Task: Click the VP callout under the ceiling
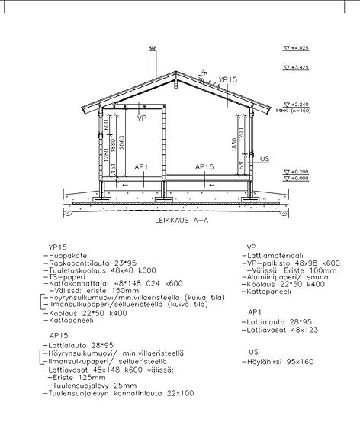142,118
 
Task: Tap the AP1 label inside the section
141,166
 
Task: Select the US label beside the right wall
265,159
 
